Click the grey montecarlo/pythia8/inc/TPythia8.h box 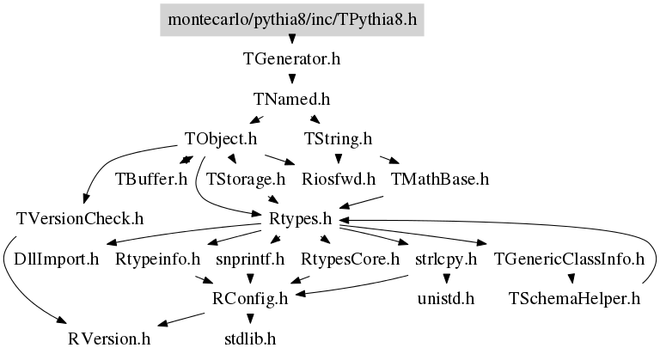tap(292, 18)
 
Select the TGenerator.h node tap(292, 60)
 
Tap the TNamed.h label tap(292, 99)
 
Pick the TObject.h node tap(222, 138)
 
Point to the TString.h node tap(338, 138)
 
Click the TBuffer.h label tap(151, 180)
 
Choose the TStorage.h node tap(246, 180)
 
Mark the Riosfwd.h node tap(339, 180)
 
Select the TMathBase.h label tap(439, 180)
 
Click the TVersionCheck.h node tap(79, 218)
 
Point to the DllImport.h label tap(52, 259)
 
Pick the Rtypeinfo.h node tap(157, 259)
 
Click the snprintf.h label tap(250, 259)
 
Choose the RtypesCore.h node tap(351, 259)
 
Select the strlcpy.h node tap(445, 259)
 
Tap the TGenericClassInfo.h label tap(569, 259)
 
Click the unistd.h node tap(445, 298)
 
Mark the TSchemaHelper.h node tap(575, 298)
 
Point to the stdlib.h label tap(250, 338)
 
